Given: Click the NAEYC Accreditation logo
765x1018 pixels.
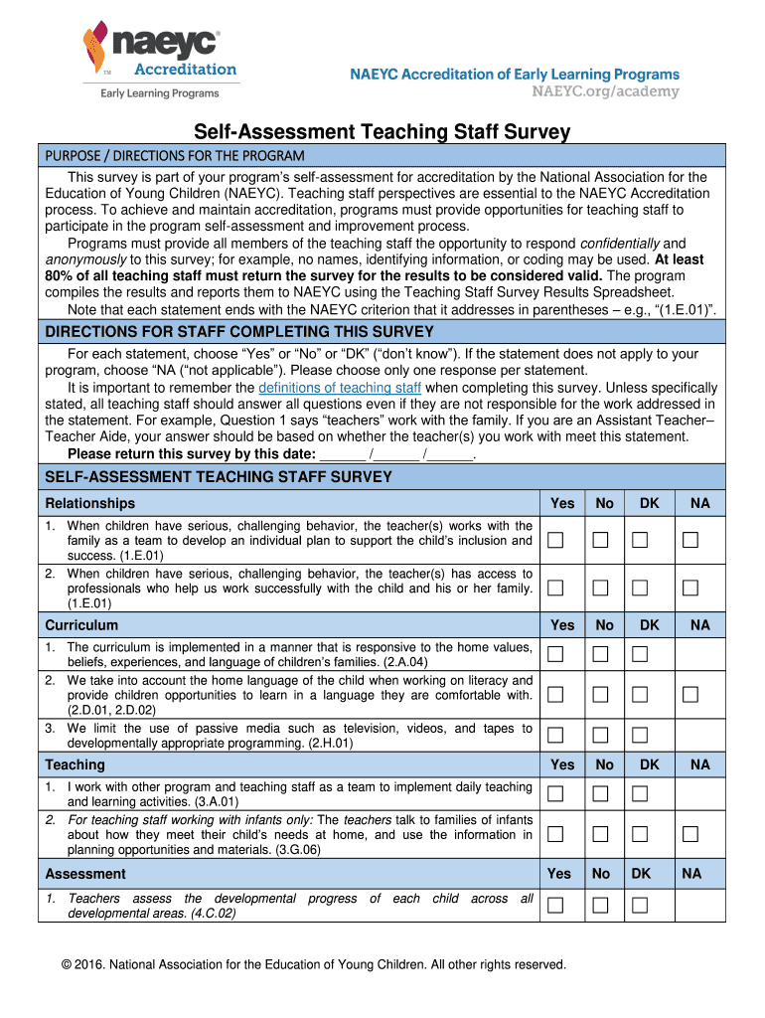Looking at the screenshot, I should [x=160, y=62].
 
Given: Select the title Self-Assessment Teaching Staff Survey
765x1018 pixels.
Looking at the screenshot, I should [x=382, y=131].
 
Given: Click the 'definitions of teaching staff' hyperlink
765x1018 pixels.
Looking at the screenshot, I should [x=340, y=388].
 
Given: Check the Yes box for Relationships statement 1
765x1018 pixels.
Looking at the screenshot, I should [x=555, y=540].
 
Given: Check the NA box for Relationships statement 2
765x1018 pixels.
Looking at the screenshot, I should [x=689, y=589].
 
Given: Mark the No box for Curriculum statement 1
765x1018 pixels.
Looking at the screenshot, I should [x=599, y=653].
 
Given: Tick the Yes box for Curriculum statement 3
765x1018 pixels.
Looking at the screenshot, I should [x=555, y=734].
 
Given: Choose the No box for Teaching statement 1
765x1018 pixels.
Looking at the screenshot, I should [x=599, y=793].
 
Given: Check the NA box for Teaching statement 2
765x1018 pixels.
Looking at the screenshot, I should [x=689, y=833].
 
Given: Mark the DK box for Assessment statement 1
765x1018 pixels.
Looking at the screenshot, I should [x=640, y=905].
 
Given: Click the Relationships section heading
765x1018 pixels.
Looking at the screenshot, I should [x=90, y=503].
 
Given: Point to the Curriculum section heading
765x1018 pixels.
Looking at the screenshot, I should [x=81, y=625].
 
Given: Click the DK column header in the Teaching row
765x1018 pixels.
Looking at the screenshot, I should [x=649, y=764].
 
